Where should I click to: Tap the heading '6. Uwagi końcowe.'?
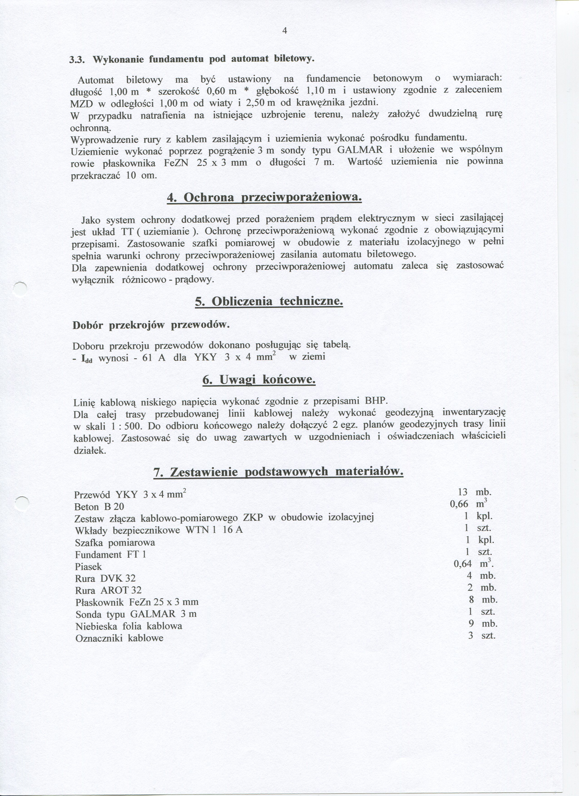coord(259,380)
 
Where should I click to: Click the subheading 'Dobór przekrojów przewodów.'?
coord(151,325)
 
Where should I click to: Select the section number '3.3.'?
coord(76,60)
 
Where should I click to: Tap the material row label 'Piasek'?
coord(88,566)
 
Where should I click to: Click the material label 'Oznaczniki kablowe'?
coord(119,638)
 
